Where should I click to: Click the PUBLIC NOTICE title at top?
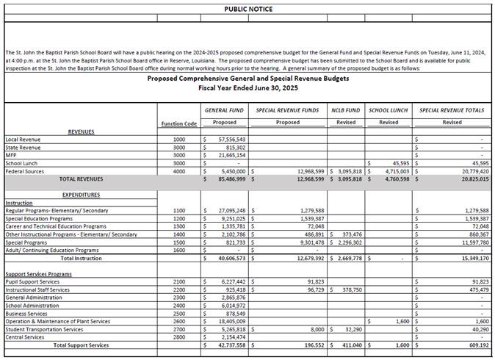[x=247, y=9]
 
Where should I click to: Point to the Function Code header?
[x=179, y=123]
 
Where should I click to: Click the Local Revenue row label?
[x=23, y=139]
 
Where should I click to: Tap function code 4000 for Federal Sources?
[x=179, y=170]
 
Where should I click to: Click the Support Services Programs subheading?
[x=38, y=273]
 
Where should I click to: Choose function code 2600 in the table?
[x=179, y=321]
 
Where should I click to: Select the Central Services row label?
[x=26, y=336]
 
